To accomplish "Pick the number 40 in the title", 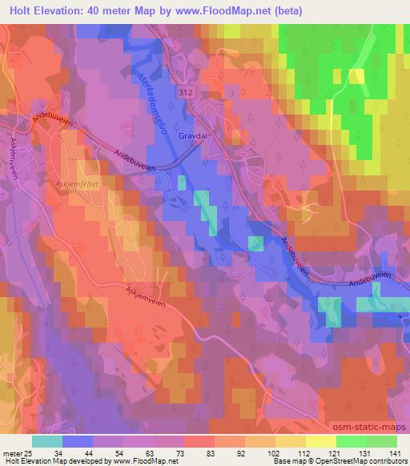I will (108, 10).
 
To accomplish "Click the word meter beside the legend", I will (12, 453).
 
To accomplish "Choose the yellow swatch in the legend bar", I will (320, 441).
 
